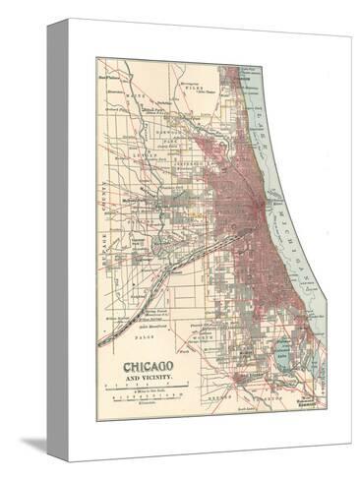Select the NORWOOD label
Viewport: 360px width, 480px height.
click(178, 125)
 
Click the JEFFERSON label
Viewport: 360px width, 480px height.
click(187, 139)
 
